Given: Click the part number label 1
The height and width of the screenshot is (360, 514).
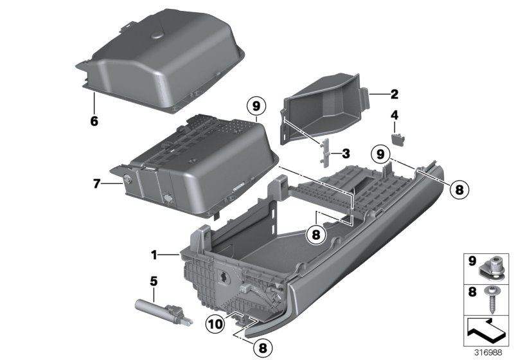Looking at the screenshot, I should coord(154,255).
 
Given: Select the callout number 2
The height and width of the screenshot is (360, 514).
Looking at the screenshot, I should coord(394,94).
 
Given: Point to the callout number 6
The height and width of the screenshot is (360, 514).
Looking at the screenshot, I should coord(394,116).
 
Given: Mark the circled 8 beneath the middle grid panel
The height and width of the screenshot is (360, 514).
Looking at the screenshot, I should coord(315,235).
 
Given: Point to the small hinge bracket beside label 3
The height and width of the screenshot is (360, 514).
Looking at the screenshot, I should coord(326,153).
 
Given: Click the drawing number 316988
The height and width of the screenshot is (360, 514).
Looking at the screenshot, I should coord(489,352).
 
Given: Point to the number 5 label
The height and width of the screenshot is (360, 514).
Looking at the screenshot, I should coord(154,280).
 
